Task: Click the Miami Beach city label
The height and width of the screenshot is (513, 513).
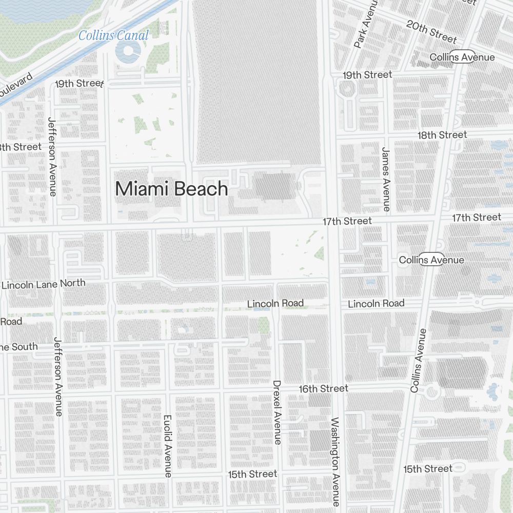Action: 171,189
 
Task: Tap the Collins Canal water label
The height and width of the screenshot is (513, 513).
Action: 113,35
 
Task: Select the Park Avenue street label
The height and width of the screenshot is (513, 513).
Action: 365,25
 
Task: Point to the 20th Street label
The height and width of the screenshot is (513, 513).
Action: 431,32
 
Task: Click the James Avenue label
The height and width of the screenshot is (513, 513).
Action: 386,179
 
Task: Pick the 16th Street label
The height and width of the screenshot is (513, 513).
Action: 323,389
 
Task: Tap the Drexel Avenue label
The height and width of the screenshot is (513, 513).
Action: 277,412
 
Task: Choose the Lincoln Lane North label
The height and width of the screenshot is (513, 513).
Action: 44,284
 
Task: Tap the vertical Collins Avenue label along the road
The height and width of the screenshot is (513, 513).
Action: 418,361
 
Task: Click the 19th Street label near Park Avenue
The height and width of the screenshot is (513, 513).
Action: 367,75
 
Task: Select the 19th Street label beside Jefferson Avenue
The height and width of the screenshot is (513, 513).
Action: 80,83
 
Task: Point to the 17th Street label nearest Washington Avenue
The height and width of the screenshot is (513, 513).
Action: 347,221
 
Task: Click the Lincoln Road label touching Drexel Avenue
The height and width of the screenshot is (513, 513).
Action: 275,304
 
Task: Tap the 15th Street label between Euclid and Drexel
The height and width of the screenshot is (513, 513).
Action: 252,474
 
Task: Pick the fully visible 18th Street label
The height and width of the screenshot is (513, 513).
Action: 442,135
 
